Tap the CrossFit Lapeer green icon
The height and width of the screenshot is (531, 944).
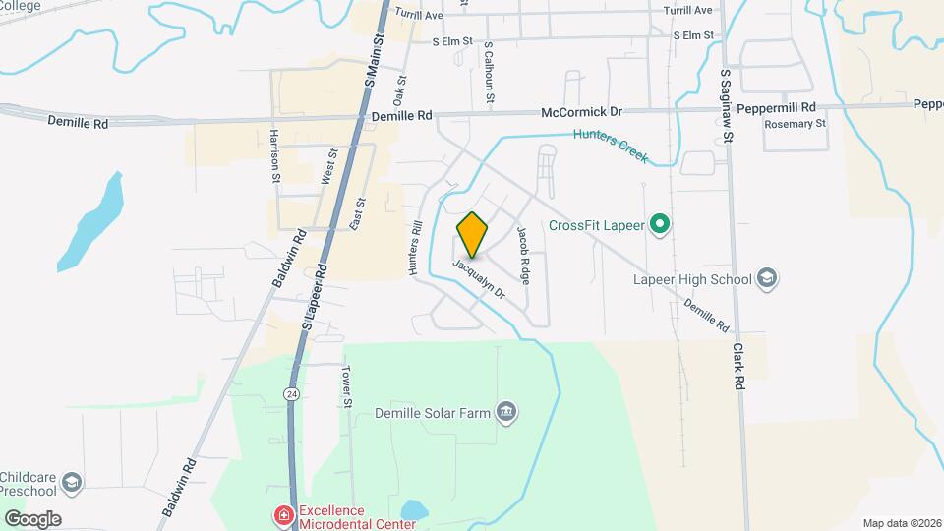coord(661,226)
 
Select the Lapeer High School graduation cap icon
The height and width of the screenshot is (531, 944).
coord(768,279)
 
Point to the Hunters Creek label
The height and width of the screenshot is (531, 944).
coord(613,147)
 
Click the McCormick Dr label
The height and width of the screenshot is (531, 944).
coord(582,114)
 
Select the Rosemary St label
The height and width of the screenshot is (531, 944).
coord(796,124)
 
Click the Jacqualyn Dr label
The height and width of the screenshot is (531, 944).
coord(479,279)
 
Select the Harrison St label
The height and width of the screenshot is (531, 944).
coord(274,155)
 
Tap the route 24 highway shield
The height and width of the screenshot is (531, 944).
coord(291,393)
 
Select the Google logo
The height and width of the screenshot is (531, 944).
coord(32,519)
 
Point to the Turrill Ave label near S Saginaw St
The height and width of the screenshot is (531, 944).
coord(687,10)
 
